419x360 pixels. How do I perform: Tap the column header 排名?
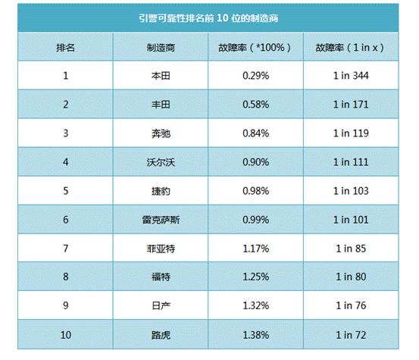click(x=65, y=47)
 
